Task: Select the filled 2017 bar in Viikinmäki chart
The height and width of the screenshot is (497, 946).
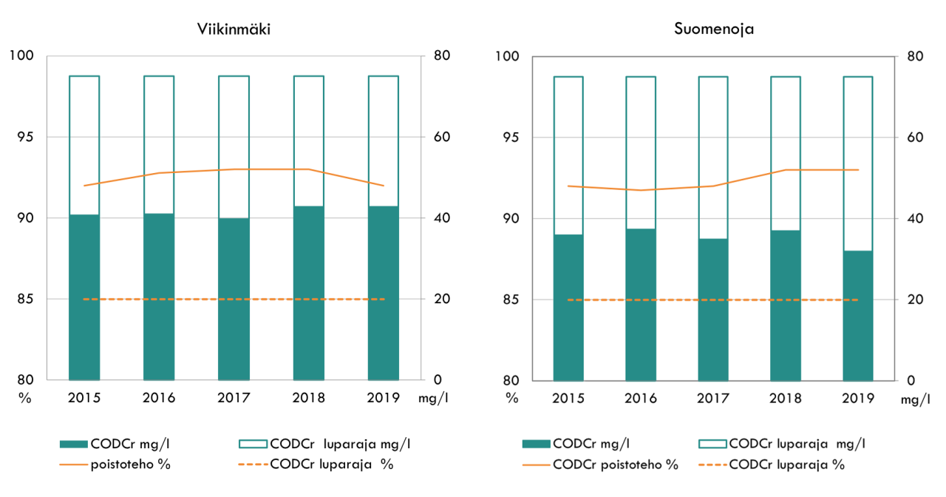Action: click(234, 299)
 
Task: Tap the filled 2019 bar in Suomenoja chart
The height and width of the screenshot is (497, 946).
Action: click(858, 316)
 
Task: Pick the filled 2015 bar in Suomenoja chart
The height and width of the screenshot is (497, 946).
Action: click(568, 308)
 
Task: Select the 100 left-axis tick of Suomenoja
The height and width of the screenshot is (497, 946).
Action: click(507, 57)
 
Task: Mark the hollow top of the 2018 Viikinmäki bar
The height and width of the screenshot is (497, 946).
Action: click(308, 141)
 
